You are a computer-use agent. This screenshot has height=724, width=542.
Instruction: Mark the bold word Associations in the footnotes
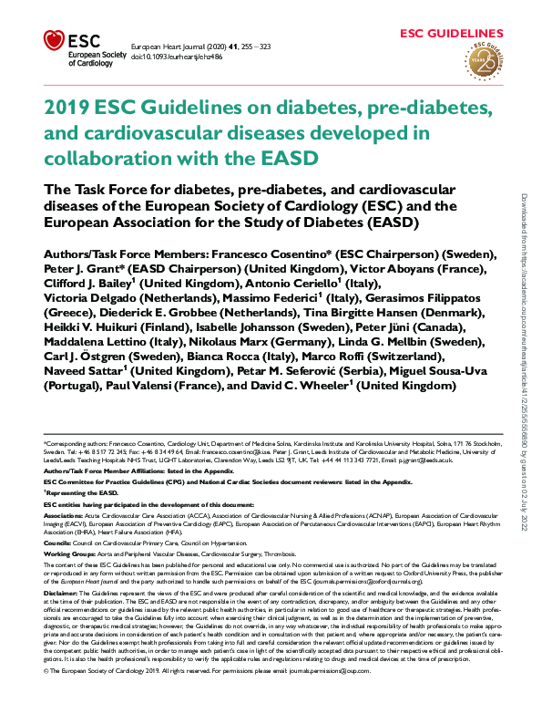[63, 514]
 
